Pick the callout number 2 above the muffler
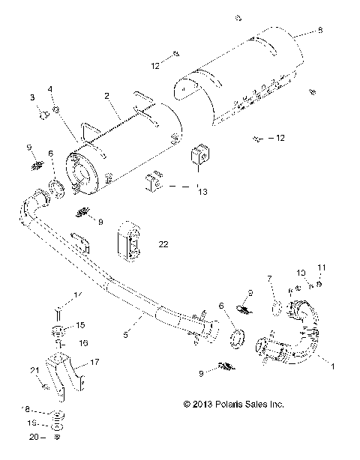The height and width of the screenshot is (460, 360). pos(106,96)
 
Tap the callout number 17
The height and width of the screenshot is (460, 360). pos(94,363)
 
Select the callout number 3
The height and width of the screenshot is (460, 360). pos(32,98)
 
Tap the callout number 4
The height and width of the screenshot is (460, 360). pos(51,89)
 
